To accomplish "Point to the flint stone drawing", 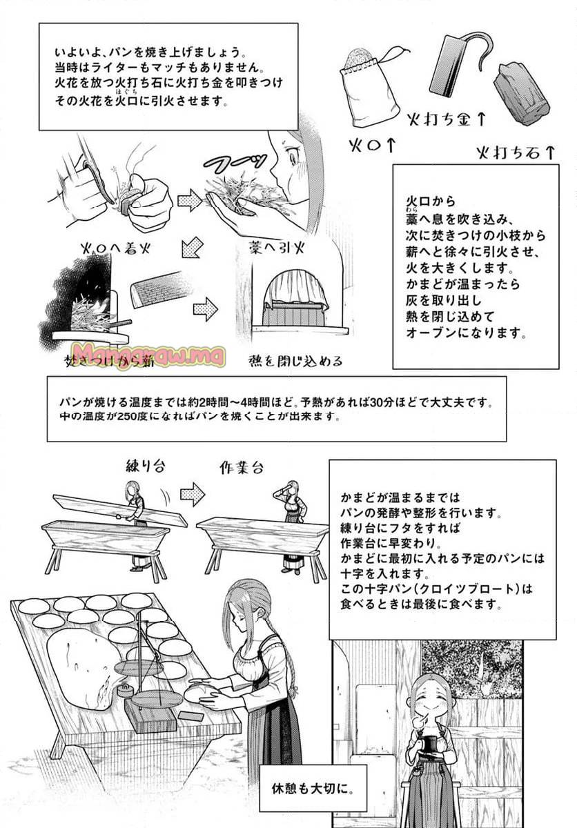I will [x=521, y=93].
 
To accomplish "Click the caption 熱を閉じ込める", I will [x=295, y=360].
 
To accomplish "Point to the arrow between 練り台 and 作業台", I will [x=192, y=493].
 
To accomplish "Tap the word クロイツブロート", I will [x=462, y=591].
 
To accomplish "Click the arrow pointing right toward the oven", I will [x=206, y=308].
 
